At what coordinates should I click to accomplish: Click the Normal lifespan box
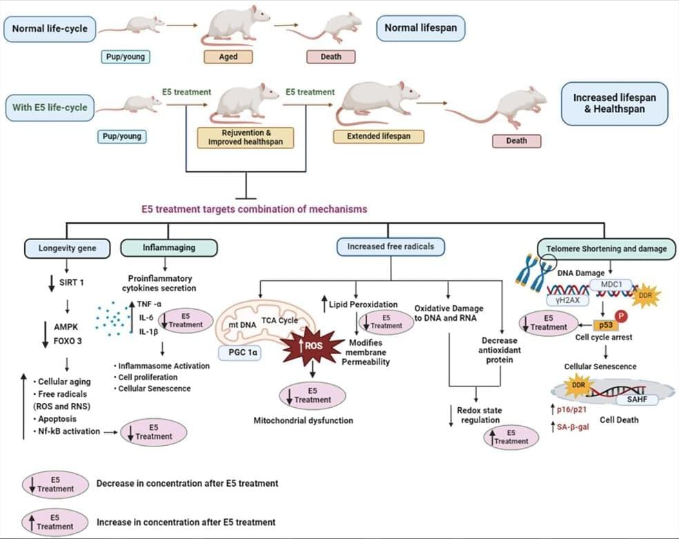pyautogui.click(x=421, y=29)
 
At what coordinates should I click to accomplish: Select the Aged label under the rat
pyautogui.click(x=228, y=57)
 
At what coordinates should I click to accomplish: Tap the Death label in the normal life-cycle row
pyautogui.click(x=331, y=57)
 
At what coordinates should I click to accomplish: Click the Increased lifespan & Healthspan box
pyautogui.click(x=614, y=104)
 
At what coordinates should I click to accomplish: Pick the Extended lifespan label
pyautogui.click(x=378, y=136)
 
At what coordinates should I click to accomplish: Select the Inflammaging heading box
pyautogui.click(x=168, y=247)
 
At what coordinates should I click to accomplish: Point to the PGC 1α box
pyautogui.click(x=238, y=354)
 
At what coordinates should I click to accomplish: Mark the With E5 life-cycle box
pyautogui.click(x=49, y=108)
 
